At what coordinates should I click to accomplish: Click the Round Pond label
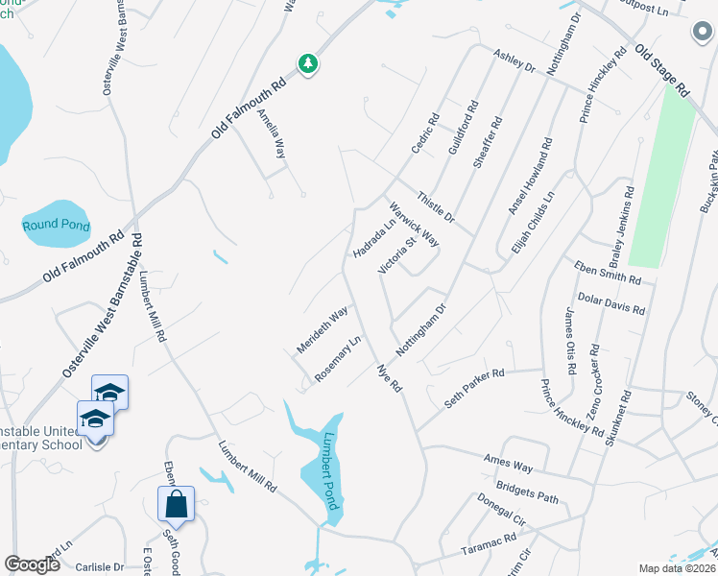(x=57, y=226)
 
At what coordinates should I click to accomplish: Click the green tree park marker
(x=308, y=64)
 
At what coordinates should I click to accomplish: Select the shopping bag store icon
(x=177, y=503)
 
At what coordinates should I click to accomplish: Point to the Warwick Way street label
(x=414, y=223)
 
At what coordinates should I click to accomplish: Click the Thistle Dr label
(x=436, y=207)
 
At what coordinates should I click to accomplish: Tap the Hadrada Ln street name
(x=375, y=237)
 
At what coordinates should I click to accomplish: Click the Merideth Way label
(x=322, y=330)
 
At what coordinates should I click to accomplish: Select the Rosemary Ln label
(x=337, y=357)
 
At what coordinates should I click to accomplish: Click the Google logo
(x=33, y=564)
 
